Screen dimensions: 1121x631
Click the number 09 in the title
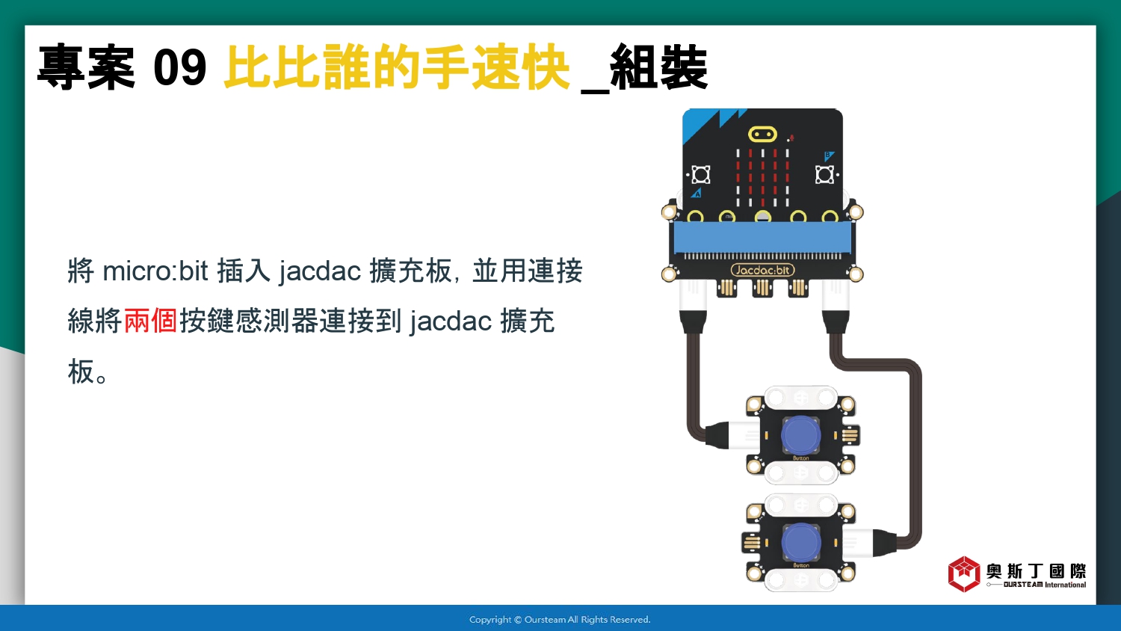[x=179, y=67]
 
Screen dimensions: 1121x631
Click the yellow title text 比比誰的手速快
[x=397, y=67]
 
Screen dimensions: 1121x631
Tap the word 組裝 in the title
[x=658, y=67]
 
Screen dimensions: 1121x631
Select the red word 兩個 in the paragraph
[x=150, y=321]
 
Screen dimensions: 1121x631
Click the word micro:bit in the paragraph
[x=155, y=271]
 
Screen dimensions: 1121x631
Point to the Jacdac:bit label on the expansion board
[x=763, y=270]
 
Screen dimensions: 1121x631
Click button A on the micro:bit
[x=700, y=175]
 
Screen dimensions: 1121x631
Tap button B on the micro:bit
[x=824, y=175]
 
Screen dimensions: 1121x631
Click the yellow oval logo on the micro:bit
[x=762, y=135]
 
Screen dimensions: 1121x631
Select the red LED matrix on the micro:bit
[x=762, y=178]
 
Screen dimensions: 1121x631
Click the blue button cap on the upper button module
[x=800, y=434]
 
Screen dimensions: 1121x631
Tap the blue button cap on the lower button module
[x=800, y=543]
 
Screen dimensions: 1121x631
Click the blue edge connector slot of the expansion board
[x=762, y=238]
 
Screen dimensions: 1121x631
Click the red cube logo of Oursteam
[x=964, y=574]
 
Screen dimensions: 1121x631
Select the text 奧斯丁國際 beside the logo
[x=1037, y=571]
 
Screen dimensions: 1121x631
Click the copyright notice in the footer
[x=560, y=620]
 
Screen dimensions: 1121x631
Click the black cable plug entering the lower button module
[x=885, y=543]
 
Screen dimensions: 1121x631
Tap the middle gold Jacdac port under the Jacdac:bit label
[x=762, y=288]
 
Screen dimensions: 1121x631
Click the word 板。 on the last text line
[x=87, y=372]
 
